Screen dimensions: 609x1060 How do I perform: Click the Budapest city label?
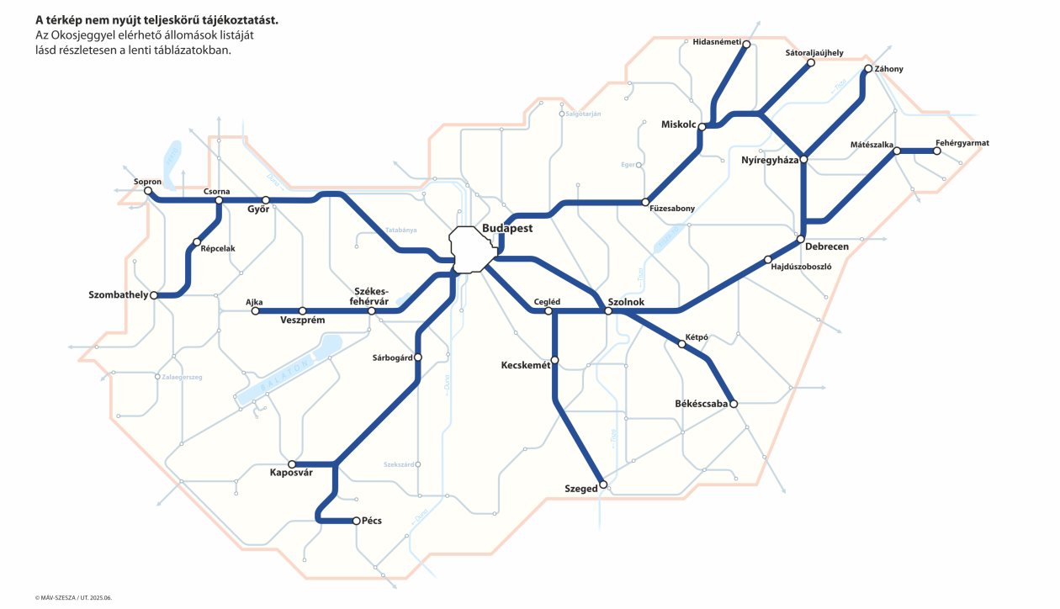(507, 229)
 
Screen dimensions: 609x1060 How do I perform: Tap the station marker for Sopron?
(148, 191)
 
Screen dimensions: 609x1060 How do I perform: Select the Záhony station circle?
(868, 69)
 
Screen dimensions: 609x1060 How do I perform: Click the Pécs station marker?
(357, 521)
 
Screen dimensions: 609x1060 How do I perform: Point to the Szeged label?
(580, 488)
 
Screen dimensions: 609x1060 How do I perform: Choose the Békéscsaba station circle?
(734, 405)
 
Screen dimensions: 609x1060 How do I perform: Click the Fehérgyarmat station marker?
(937, 151)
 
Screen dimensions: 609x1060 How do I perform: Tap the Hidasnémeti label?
(716, 42)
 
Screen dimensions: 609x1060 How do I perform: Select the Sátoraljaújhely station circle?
(811, 62)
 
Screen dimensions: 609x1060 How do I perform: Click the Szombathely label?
(118, 295)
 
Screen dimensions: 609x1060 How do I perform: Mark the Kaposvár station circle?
(292, 464)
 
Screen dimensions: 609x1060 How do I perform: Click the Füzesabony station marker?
(645, 203)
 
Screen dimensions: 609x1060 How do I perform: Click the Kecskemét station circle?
(554, 361)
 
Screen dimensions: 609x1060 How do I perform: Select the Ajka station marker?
(256, 311)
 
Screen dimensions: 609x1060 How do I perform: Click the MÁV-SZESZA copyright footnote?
(73, 597)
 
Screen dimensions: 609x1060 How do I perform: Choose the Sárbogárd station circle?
(418, 357)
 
